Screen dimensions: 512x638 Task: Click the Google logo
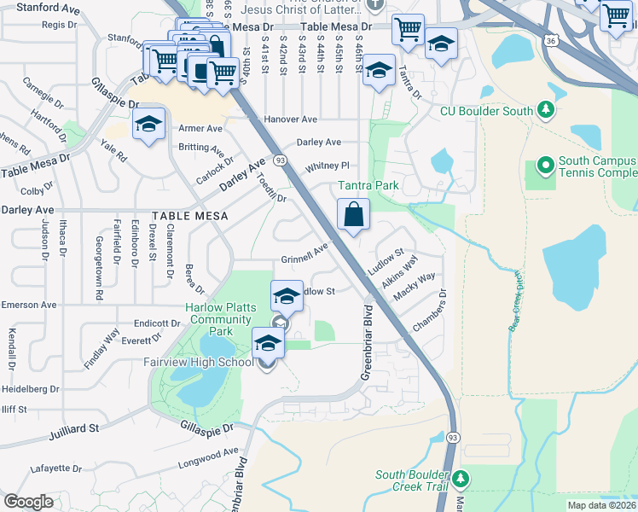pos(28,501)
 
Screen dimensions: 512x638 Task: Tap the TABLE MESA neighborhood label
pos(190,217)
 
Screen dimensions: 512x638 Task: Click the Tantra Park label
pos(368,185)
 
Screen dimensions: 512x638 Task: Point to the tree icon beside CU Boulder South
pos(546,111)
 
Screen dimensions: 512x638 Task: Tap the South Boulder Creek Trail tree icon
pos(461,478)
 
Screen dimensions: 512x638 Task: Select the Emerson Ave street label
pos(28,305)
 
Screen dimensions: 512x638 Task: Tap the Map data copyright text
pos(601,505)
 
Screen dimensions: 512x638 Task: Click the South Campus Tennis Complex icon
pos(545,164)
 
